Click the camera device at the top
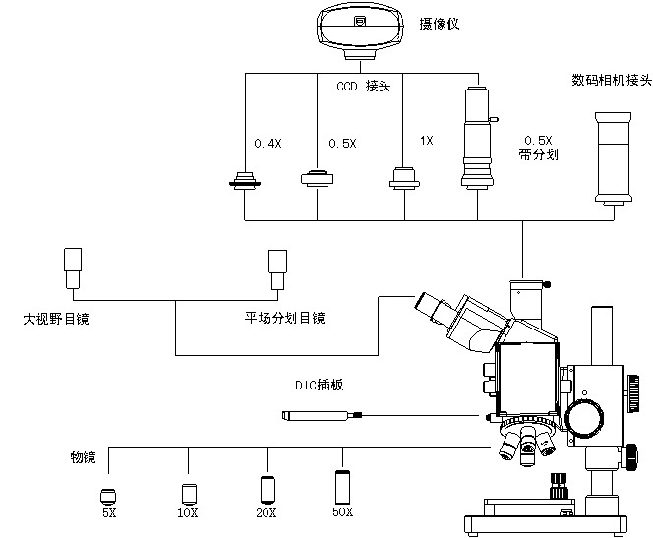click(x=361, y=26)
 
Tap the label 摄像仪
click(x=441, y=24)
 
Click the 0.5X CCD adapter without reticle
click(x=317, y=177)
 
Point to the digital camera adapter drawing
click(x=612, y=157)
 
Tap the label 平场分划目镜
click(x=284, y=318)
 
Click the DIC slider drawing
click(x=320, y=417)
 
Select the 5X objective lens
click(x=108, y=494)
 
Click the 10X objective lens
click(x=188, y=492)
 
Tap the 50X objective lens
click(x=342, y=486)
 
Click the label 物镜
click(x=83, y=457)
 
